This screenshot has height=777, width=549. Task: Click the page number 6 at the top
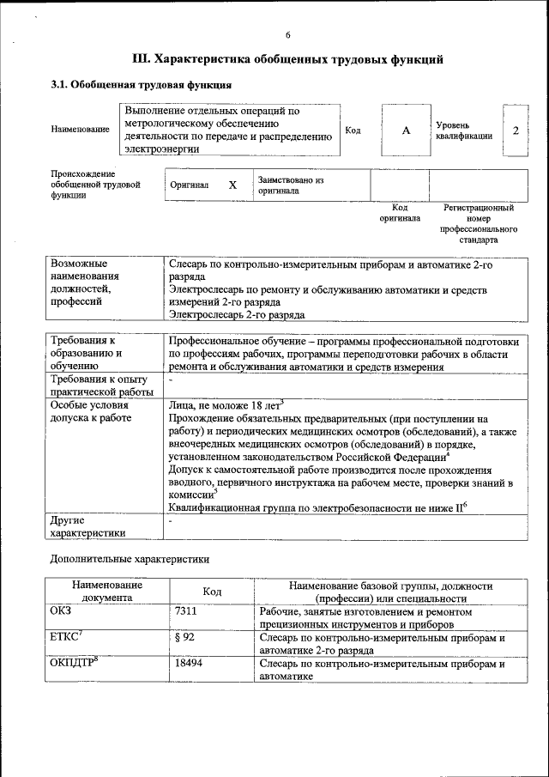tap(288, 34)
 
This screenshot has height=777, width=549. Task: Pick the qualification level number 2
tap(515, 130)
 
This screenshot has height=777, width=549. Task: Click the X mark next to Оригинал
tap(232, 185)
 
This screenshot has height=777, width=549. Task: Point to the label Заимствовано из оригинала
tap(290, 185)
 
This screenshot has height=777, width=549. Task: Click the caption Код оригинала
tap(400, 213)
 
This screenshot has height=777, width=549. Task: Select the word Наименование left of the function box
tap(80, 130)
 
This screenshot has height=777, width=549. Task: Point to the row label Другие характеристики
tap(87, 526)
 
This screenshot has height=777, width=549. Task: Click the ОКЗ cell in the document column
tap(62, 611)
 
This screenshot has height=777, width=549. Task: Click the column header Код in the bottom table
tap(212, 592)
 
